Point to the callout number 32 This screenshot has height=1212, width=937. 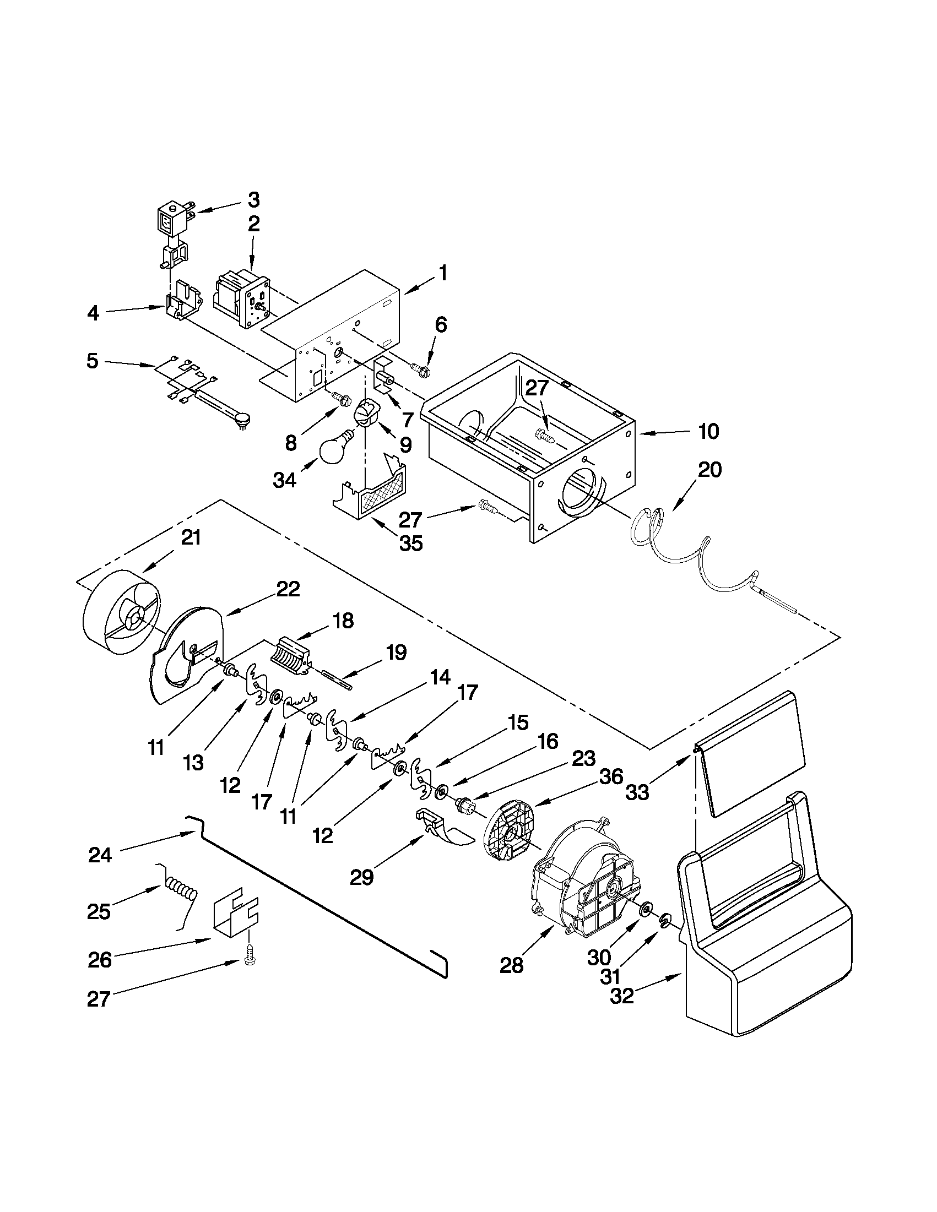pos(622,996)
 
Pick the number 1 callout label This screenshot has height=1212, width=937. pos(443,273)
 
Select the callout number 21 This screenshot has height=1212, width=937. pos(191,538)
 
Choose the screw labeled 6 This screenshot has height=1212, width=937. pos(419,367)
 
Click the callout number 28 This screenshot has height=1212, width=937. pos(511,966)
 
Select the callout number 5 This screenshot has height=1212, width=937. pos(92,361)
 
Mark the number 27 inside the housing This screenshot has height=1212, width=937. pos(536,388)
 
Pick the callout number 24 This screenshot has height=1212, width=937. pos(100,855)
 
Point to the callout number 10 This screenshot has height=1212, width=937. pos(708,431)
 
